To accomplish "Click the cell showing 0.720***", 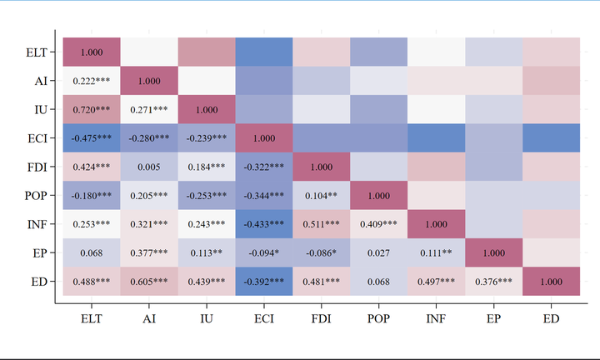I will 92,109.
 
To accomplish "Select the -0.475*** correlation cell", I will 92,137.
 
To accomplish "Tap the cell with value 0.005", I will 149,167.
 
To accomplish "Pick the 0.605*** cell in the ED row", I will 149,281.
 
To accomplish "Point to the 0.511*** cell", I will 322,223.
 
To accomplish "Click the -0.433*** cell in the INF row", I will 264,223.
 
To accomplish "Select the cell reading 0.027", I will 379,252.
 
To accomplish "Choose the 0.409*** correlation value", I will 379,223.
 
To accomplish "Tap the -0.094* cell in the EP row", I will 264,252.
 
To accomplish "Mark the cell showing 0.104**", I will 322,195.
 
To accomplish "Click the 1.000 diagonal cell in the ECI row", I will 264,137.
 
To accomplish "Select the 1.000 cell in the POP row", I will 379,195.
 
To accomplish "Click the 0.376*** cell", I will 494,281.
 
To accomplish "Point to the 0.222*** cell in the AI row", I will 92,81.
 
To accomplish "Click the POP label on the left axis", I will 37,195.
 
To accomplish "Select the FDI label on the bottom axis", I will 322,318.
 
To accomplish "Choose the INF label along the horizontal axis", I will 437,318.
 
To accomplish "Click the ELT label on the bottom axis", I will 92,318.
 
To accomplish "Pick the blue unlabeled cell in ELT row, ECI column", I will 264,52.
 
